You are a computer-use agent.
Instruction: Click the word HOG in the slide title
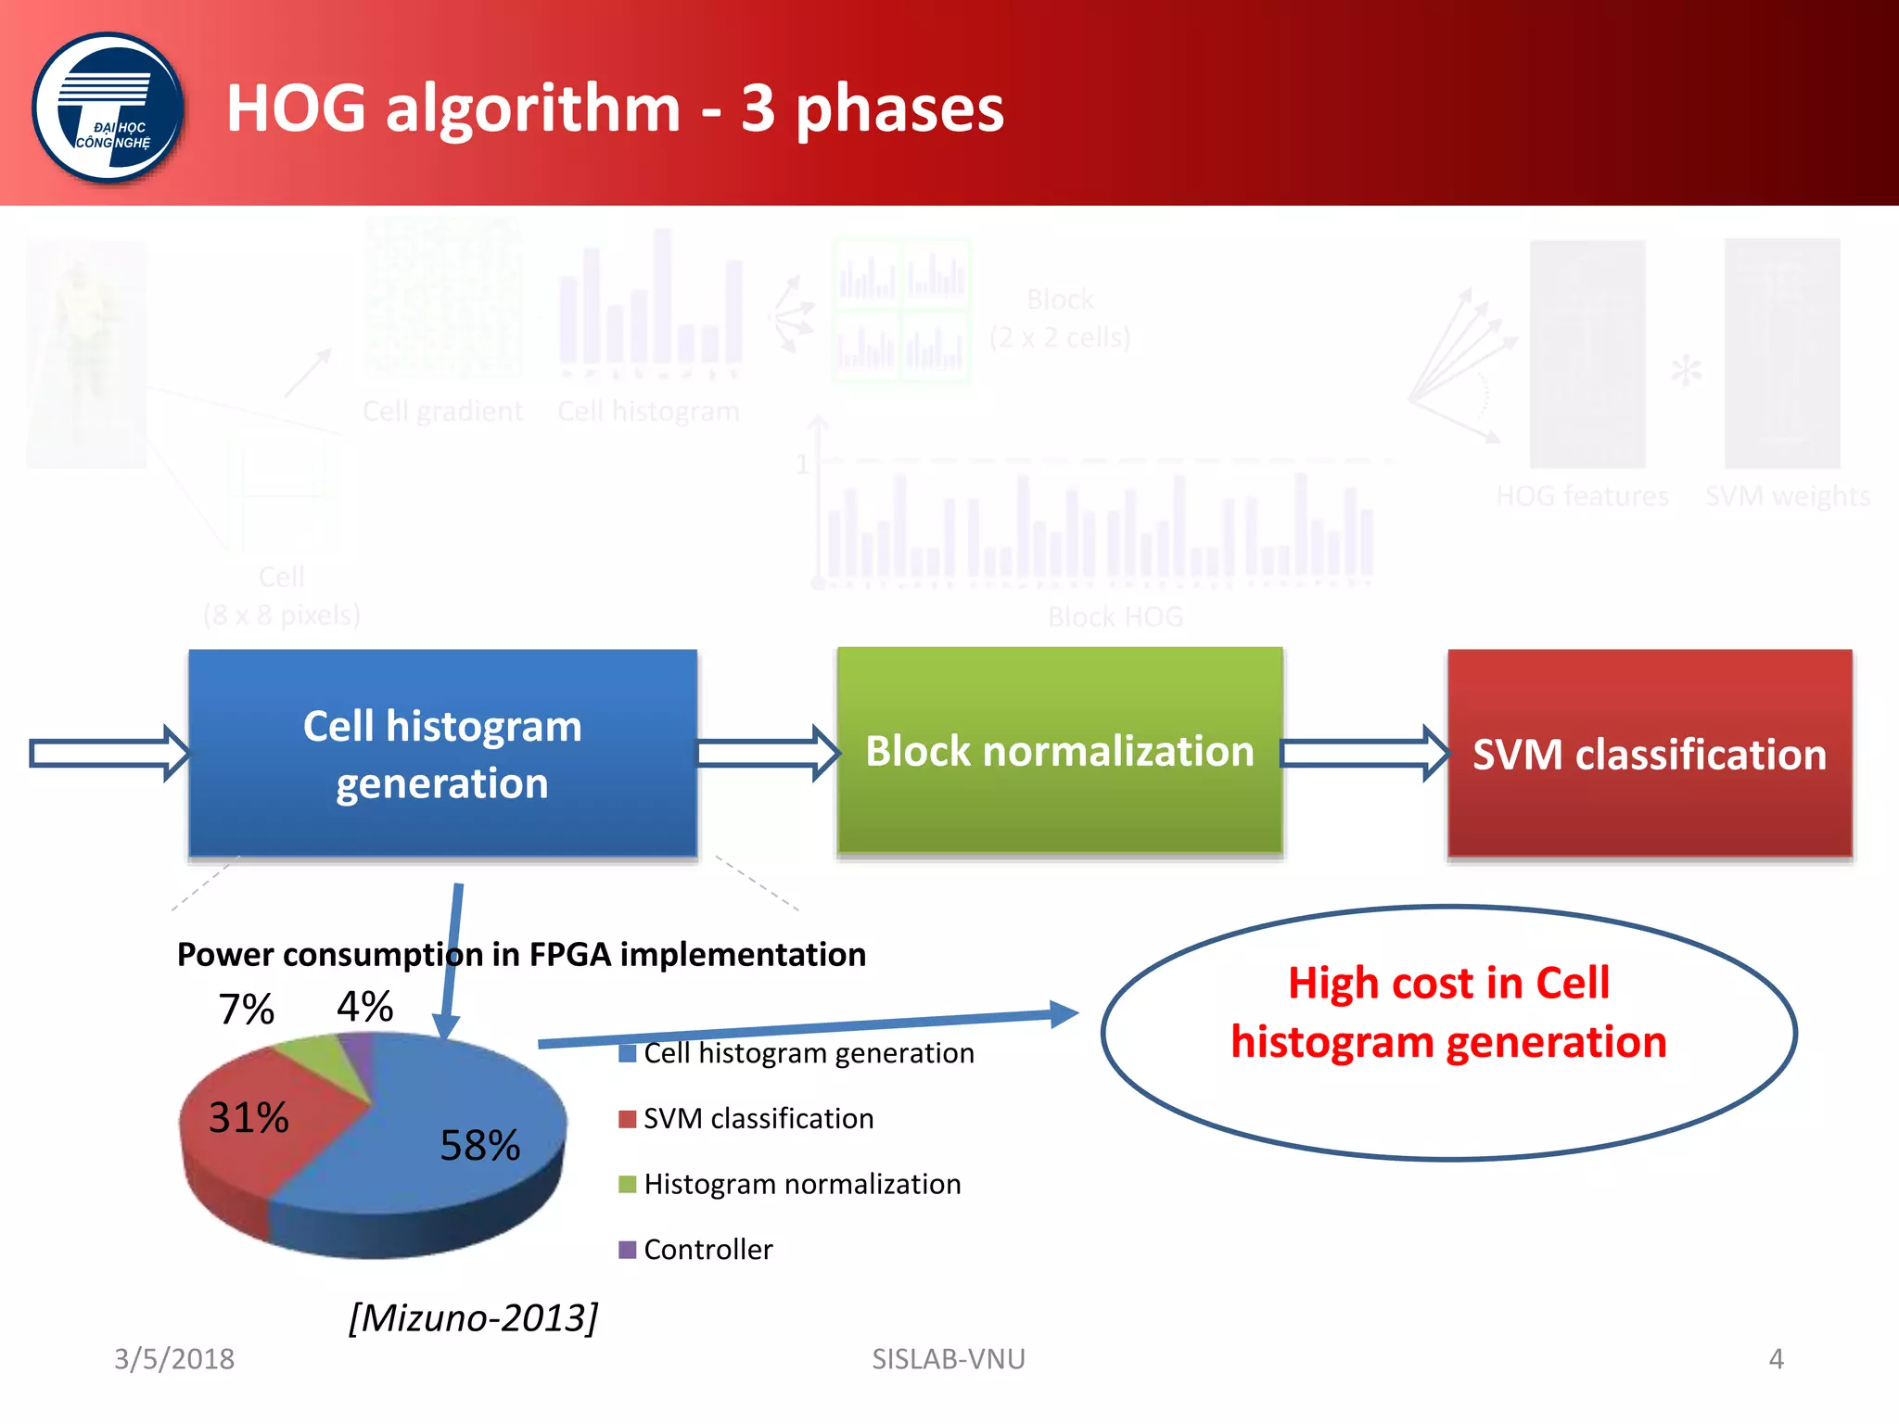pos(296,108)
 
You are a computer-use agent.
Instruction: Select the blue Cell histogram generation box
pos(442,753)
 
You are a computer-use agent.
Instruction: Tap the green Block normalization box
pos(1059,750)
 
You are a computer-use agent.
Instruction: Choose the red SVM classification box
pos(1649,754)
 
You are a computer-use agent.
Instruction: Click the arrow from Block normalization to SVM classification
pos(1363,753)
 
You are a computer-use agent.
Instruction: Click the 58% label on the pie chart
pos(479,1146)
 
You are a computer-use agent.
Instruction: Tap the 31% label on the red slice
pos(249,1118)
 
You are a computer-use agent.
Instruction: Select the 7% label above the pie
pos(246,1010)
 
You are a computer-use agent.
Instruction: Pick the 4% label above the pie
pos(364,1007)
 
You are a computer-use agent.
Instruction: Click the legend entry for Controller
pos(707,1250)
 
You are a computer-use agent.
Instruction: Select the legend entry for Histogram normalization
pos(801,1184)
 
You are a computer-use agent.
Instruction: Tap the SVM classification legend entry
pos(758,1119)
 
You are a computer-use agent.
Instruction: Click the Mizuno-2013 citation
pos(473,1317)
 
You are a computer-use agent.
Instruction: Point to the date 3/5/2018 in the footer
pos(173,1359)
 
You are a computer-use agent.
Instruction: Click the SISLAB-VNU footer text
pos(948,1359)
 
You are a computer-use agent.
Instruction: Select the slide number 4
pos(1776,1359)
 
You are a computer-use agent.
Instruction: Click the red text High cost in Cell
pos(1448,983)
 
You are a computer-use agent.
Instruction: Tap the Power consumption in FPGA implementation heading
pos(521,955)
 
